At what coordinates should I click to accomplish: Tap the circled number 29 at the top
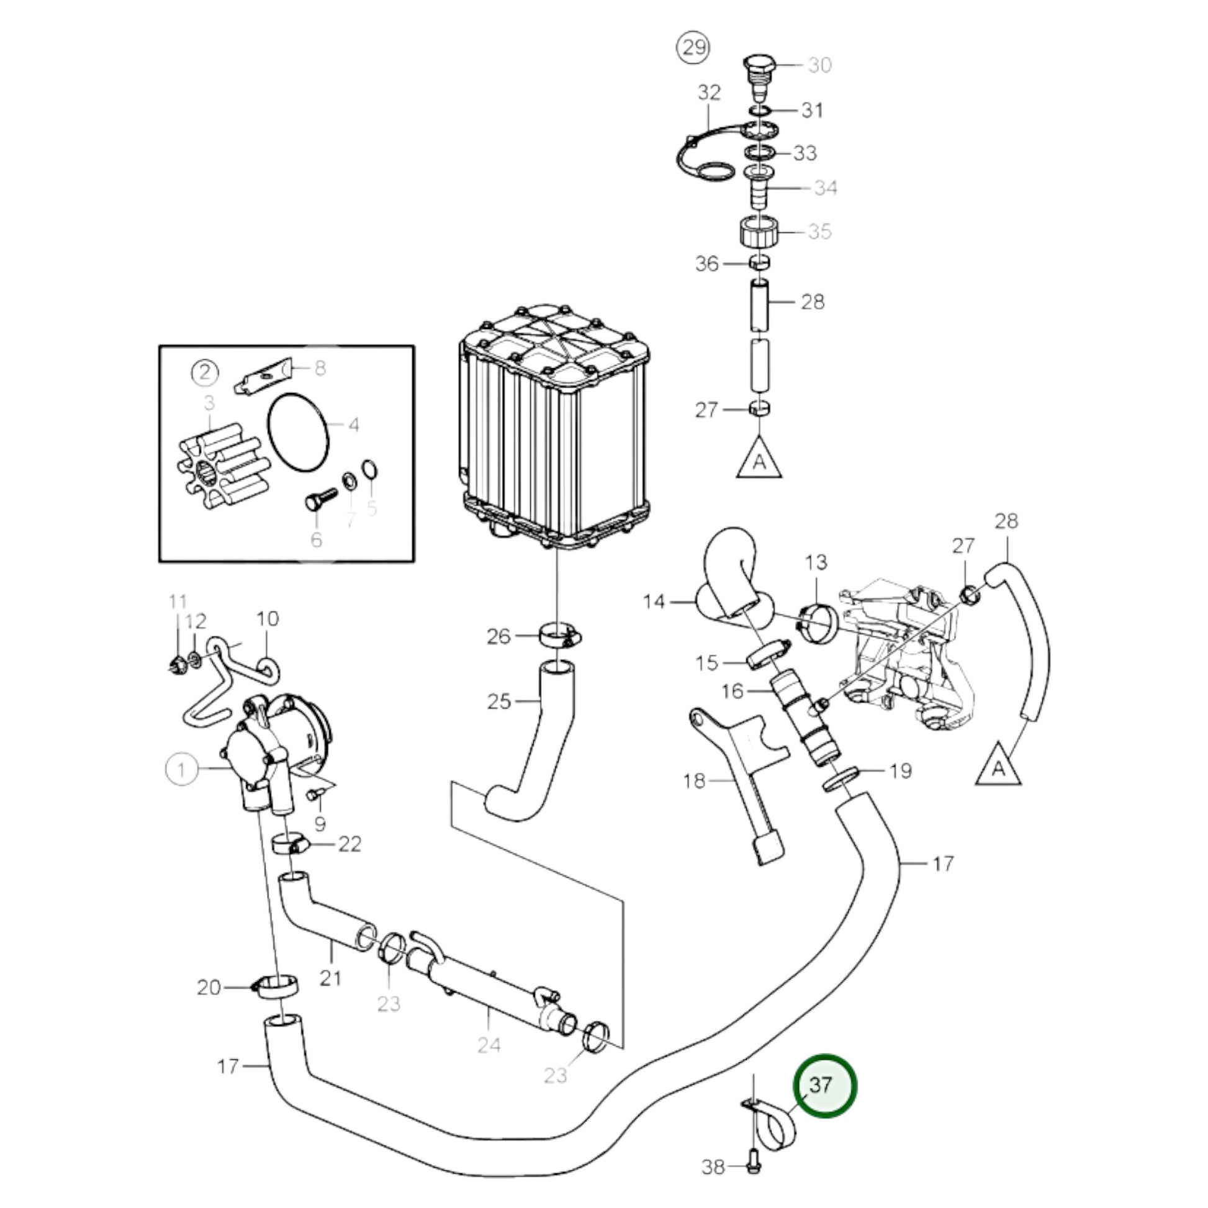(693, 48)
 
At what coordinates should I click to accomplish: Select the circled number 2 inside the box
(205, 373)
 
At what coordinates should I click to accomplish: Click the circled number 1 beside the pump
(181, 769)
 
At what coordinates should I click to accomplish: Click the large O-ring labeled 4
(298, 430)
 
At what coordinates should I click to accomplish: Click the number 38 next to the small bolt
(713, 1167)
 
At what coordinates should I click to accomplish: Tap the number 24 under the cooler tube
(489, 1044)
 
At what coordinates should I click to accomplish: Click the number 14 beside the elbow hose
(654, 602)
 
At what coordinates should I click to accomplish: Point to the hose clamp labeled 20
(276, 988)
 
